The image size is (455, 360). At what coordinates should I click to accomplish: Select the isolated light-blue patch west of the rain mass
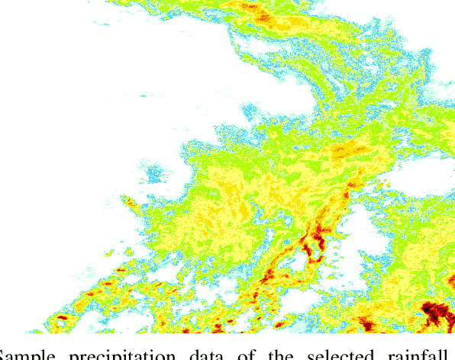pyautogui.click(x=157, y=173)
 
